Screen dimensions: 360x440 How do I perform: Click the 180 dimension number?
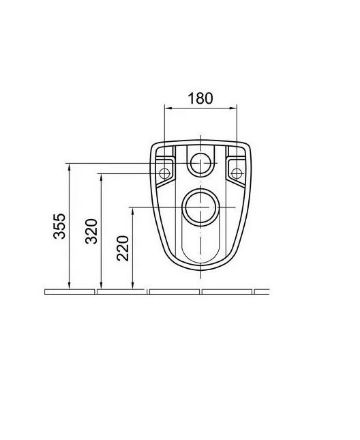200,98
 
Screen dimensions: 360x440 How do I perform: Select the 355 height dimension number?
60,226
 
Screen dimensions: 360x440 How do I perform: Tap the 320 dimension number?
91,231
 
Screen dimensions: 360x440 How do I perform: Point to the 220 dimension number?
123,248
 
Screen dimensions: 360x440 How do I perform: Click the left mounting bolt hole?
164,173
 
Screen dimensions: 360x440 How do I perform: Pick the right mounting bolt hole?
236,173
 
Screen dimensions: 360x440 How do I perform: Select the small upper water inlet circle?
200,163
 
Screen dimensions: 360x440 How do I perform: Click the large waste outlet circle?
200,207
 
